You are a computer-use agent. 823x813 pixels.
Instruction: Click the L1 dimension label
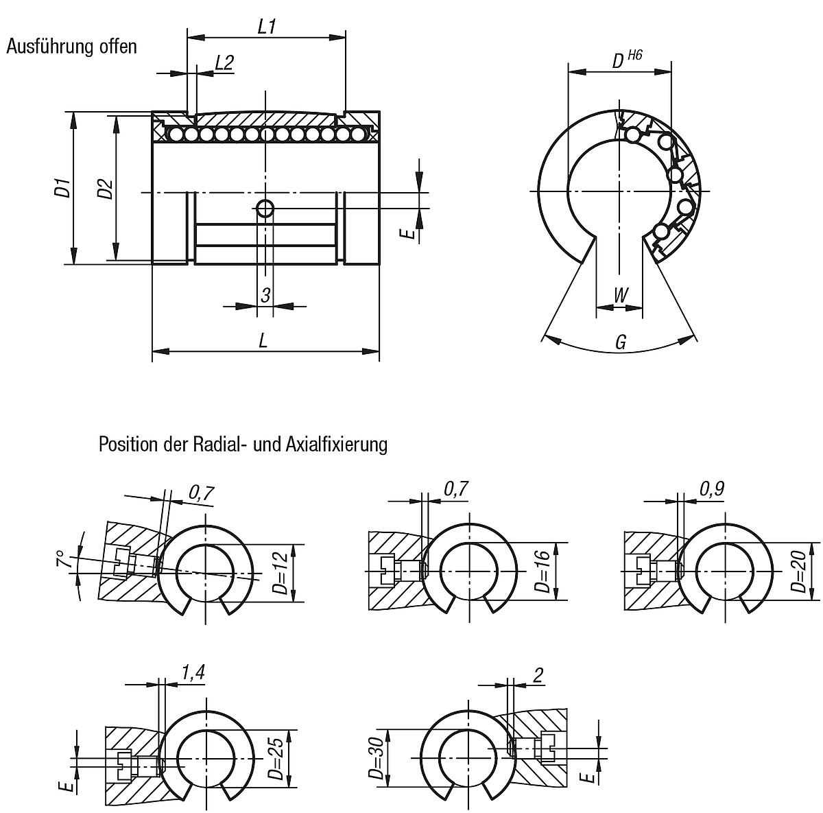pyautogui.click(x=266, y=27)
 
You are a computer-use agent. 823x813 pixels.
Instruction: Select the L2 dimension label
pyautogui.click(x=224, y=63)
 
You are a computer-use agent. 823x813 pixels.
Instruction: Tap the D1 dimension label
pyautogui.click(x=63, y=187)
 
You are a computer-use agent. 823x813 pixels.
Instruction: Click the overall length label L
pyautogui.click(x=263, y=340)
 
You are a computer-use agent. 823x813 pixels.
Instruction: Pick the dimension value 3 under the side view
pyautogui.click(x=265, y=295)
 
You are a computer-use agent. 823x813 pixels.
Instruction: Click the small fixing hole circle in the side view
pyautogui.click(x=265, y=209)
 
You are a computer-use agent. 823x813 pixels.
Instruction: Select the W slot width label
pyautogui.click(x=620, y=296)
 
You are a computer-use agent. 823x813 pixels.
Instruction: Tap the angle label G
pyautogui.click(x=620, y=342)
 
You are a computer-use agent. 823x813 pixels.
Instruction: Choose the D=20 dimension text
pyautogui.click(x=798, y=574)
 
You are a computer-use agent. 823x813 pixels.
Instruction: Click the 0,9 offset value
pyautogui.click(x=712, y=488)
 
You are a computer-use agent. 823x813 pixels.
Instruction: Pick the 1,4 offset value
pyautogui.click(x=193, y=674)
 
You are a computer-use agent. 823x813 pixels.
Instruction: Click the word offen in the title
pyautogui.click(x=118, y=47)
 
